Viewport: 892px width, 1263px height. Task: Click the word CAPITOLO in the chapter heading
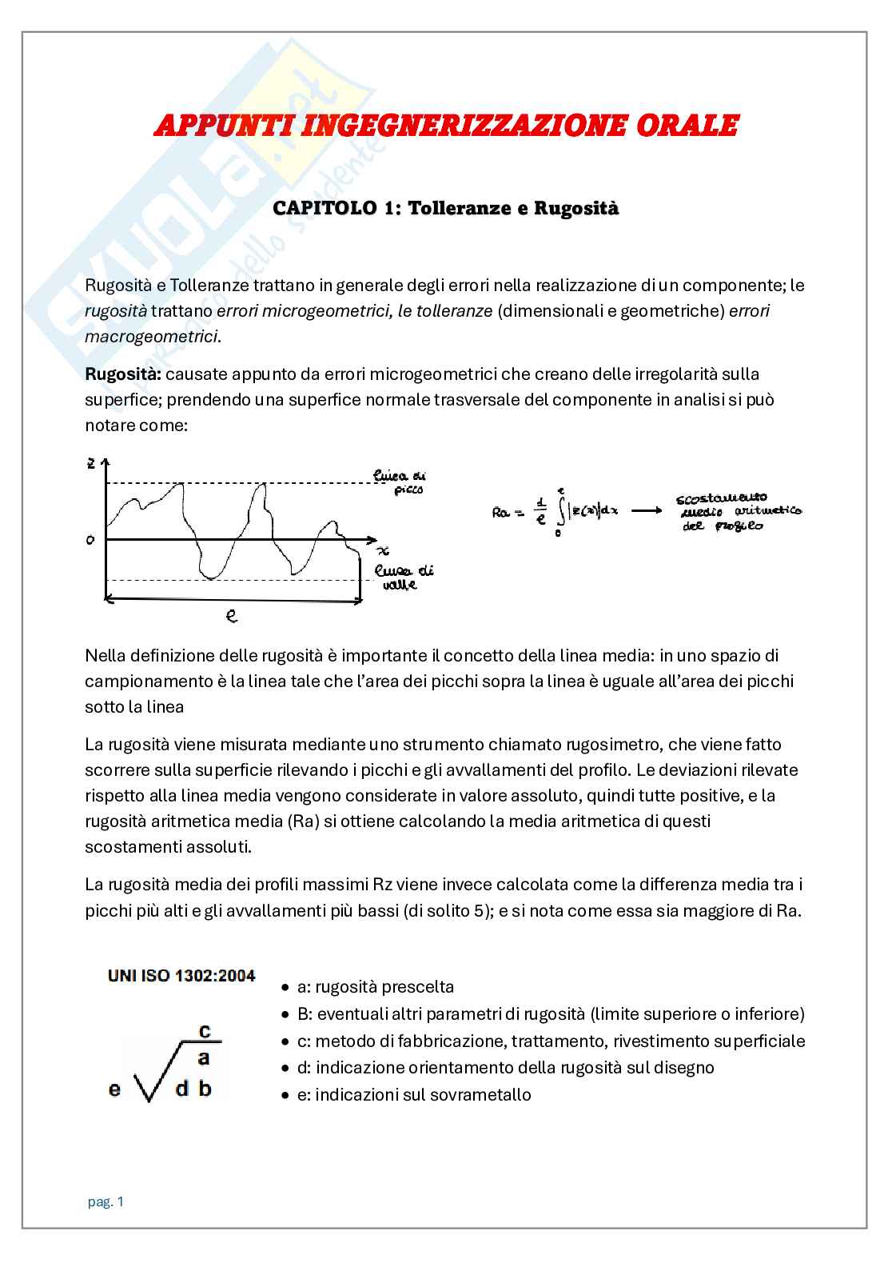point(325,208)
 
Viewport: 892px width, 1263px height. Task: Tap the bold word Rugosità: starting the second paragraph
point(123,374)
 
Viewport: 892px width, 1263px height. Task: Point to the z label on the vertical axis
point(92,463)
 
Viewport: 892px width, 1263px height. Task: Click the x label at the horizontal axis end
point(383,551)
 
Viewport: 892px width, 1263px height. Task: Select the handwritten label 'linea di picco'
point(400,482)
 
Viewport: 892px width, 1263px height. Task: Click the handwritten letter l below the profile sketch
point(231,616)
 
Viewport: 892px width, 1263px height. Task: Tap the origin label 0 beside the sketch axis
point(90,540)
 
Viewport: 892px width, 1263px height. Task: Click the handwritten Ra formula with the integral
point(556,511)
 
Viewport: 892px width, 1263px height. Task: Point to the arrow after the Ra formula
point(646,510)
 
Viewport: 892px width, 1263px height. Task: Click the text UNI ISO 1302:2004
point(181,976)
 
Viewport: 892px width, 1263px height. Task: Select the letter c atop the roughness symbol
point(205,1031)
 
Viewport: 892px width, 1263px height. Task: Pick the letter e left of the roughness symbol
point(114,1089)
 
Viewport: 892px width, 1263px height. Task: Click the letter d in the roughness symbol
point(182,1089)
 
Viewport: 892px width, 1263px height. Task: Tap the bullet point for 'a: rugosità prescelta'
point(285,987)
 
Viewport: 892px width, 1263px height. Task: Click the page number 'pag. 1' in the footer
point(106,1201)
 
